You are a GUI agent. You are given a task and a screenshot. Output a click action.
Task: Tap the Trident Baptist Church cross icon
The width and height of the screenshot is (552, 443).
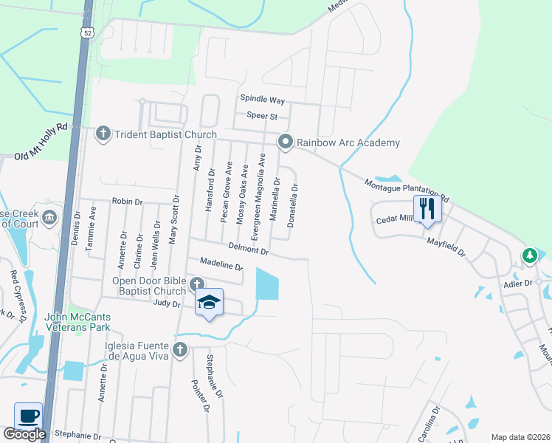103,134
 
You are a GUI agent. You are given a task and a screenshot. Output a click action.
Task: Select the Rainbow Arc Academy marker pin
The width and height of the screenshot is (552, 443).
285,142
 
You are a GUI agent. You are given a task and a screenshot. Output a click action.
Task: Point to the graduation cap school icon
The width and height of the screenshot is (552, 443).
209,303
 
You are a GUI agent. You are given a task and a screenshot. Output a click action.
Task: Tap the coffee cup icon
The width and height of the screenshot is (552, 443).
28,416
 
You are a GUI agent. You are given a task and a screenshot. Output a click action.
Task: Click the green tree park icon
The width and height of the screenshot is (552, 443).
529,255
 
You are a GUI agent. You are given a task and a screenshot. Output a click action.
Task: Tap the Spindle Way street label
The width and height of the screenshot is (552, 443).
262,99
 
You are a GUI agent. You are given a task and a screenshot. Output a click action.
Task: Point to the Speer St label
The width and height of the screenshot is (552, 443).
262,116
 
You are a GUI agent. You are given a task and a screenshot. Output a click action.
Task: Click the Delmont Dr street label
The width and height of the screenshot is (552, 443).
248,250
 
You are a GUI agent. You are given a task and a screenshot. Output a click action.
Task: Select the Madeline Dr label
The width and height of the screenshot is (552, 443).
221,264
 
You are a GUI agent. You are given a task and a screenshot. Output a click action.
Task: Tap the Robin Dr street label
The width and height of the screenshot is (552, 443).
126,201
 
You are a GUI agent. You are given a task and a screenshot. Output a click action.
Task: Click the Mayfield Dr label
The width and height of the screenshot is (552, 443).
446,245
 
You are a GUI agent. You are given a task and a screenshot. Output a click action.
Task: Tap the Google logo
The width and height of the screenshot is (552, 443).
24,434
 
